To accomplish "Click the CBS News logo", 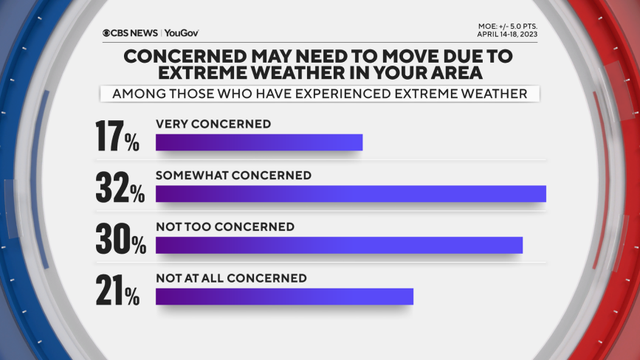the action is [130, 33].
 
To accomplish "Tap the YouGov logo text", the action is [182, 33].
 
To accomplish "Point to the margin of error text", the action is [508, 27].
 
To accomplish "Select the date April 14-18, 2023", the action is [507, 34].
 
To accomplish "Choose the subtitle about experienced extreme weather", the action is [320, 94].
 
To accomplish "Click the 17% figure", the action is [117, 136].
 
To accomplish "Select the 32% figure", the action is [120, 187].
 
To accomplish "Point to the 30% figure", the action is [121, 239].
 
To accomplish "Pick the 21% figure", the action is [117, 290].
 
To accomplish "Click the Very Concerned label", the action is [213, 124].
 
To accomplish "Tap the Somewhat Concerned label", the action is [233, 176].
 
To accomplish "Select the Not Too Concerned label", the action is [225, 226].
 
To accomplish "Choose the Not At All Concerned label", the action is [232, 278].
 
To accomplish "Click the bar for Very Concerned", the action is [259, 142].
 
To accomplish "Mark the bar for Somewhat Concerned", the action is [351, 194].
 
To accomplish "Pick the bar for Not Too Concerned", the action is [339, 246].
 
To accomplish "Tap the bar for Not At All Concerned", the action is [284, 297].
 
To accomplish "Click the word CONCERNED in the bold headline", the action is [185, 56].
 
